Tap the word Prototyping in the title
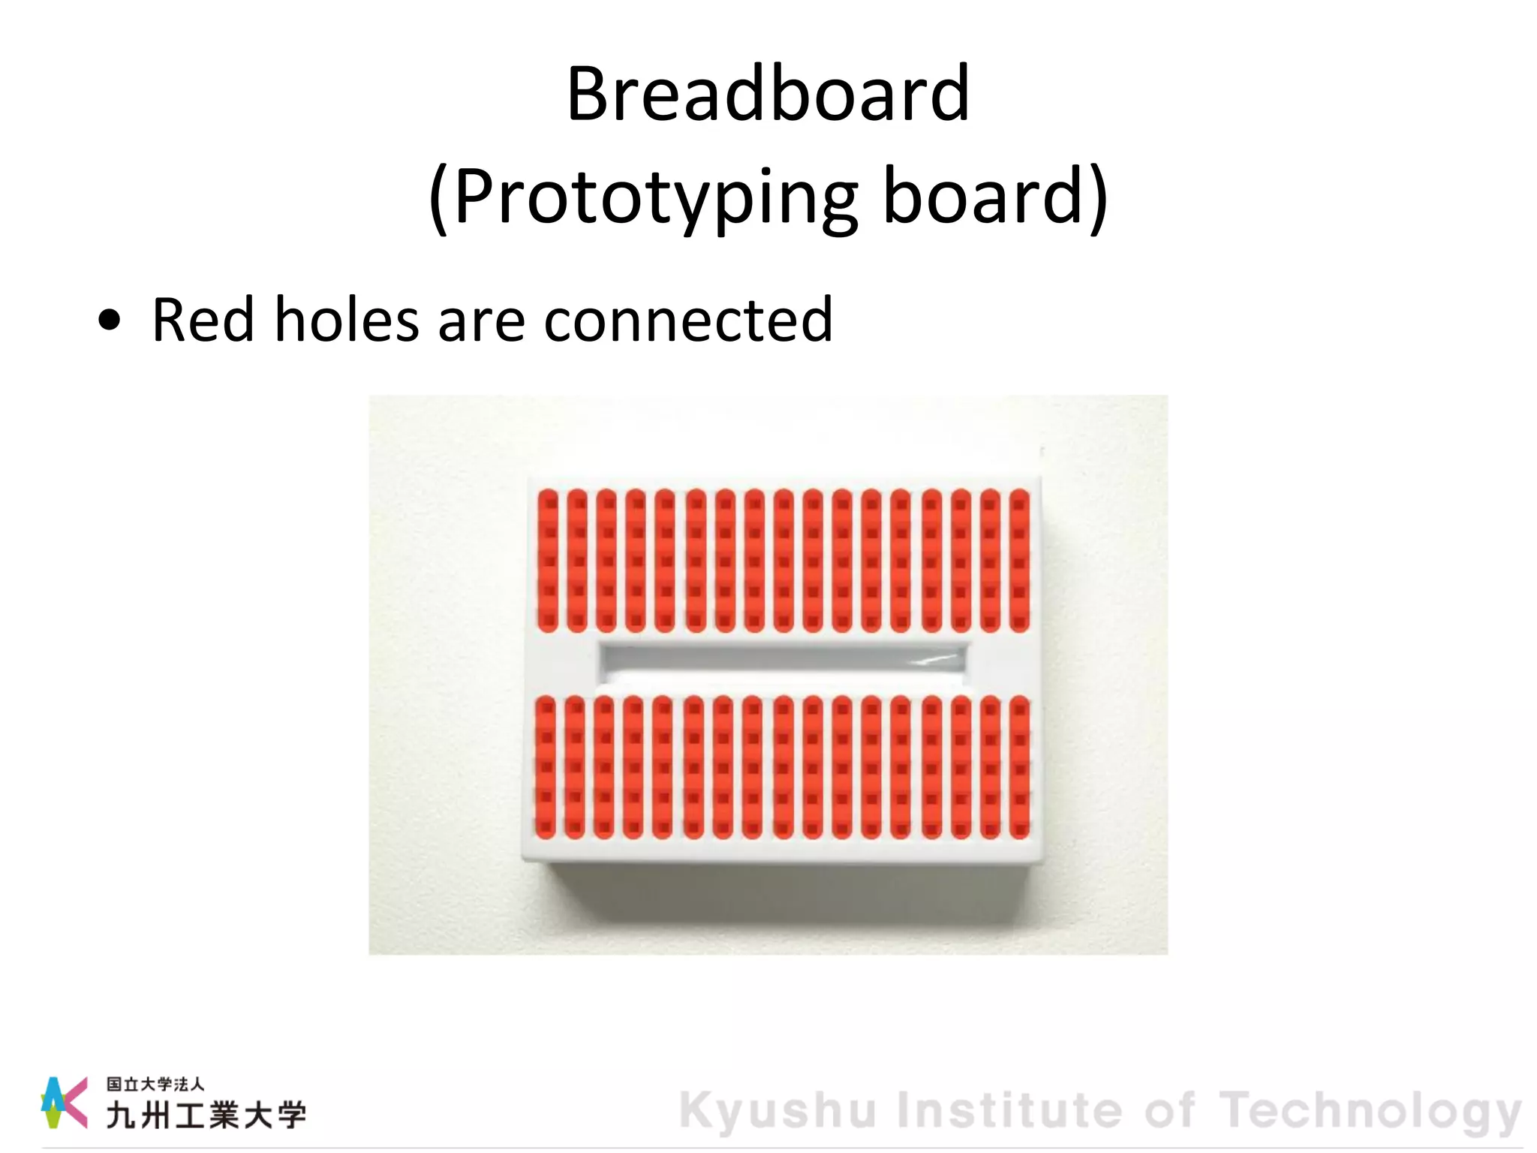point(655,197)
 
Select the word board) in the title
point(995,197)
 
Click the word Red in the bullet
point(203,320)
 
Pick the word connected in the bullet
point(687,320)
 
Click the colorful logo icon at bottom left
point(64,1102)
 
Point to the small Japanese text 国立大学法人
point(155,1084)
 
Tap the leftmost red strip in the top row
point(548,560)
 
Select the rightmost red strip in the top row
point(1019,560)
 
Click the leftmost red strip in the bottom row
point(546,767)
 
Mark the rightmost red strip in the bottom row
point(1019,767)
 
